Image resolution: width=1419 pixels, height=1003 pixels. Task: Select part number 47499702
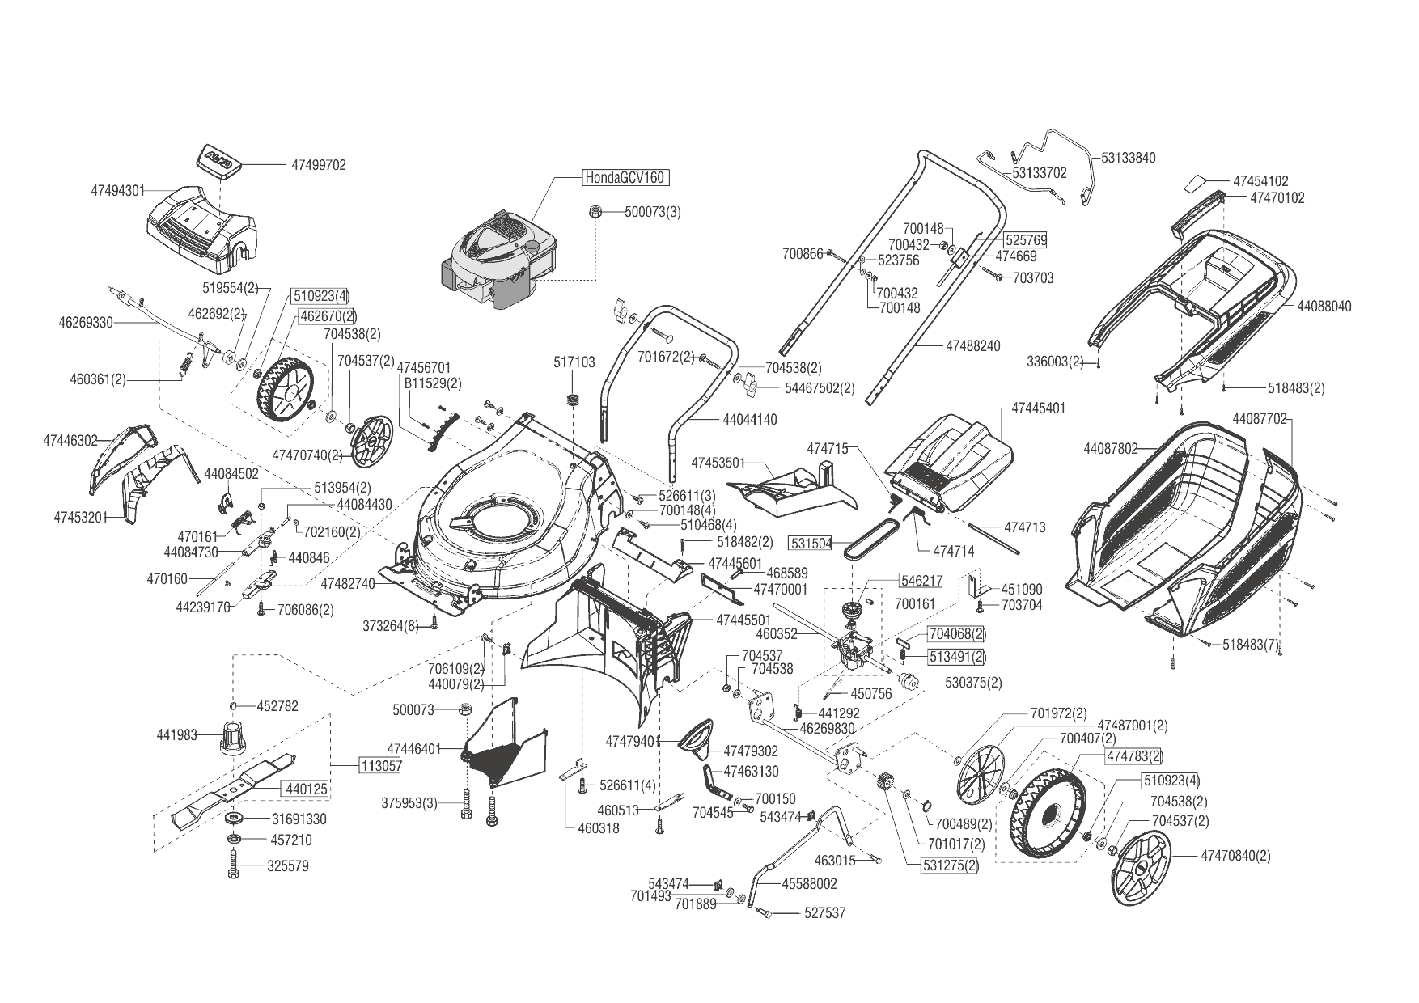318,165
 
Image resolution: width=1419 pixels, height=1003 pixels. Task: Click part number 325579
288,866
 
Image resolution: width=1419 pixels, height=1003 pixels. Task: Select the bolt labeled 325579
233,864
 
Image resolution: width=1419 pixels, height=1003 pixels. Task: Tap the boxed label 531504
811,543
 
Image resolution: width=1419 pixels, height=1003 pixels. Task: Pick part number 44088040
1324,307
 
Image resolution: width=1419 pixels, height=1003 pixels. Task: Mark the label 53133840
1128,158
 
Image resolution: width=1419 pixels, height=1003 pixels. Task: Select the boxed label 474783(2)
1134,756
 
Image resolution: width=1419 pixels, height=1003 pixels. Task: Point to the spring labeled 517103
574,399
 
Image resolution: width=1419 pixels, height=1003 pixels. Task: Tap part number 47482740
348,583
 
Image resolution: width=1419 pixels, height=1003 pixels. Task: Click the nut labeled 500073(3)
593,212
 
